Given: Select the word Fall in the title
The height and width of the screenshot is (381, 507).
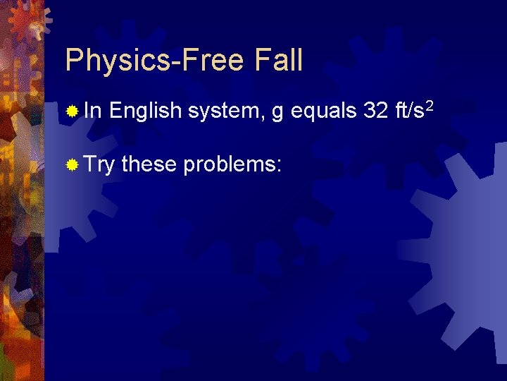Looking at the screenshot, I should (x=276, y=61).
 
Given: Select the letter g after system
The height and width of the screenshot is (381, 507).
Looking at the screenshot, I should (x=276, y=114).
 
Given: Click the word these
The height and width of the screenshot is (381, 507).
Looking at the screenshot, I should (x=149, y=166).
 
